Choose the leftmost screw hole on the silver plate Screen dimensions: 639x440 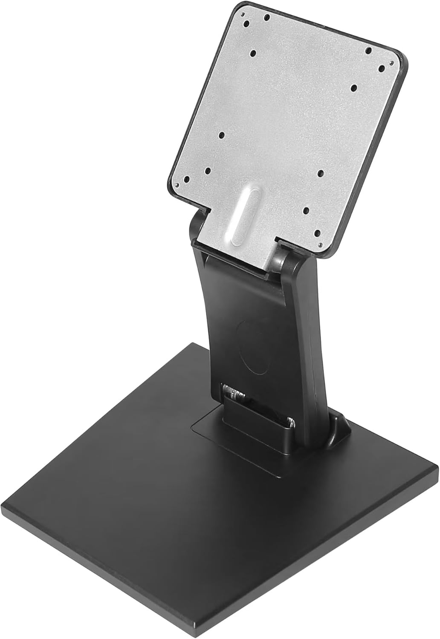coord(186,179)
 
